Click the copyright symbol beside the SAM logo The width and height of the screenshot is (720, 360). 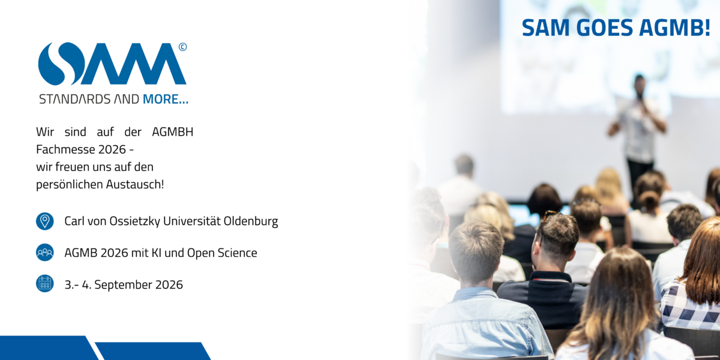point(182,47)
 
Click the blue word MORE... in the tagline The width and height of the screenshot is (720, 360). point(165,99)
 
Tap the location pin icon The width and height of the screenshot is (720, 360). point(44,221)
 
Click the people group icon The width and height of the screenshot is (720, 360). point(44,253)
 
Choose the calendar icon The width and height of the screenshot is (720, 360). point(44,283)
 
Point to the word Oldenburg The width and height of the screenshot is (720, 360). point(251,221)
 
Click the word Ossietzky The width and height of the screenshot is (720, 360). point(134,221)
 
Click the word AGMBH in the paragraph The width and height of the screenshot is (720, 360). point(173,132)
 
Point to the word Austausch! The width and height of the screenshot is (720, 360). point(135,185)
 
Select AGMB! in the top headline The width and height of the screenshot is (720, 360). point(674,28)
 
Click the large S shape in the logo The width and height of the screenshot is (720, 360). point(61,64)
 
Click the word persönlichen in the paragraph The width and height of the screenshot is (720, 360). point(70,185)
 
